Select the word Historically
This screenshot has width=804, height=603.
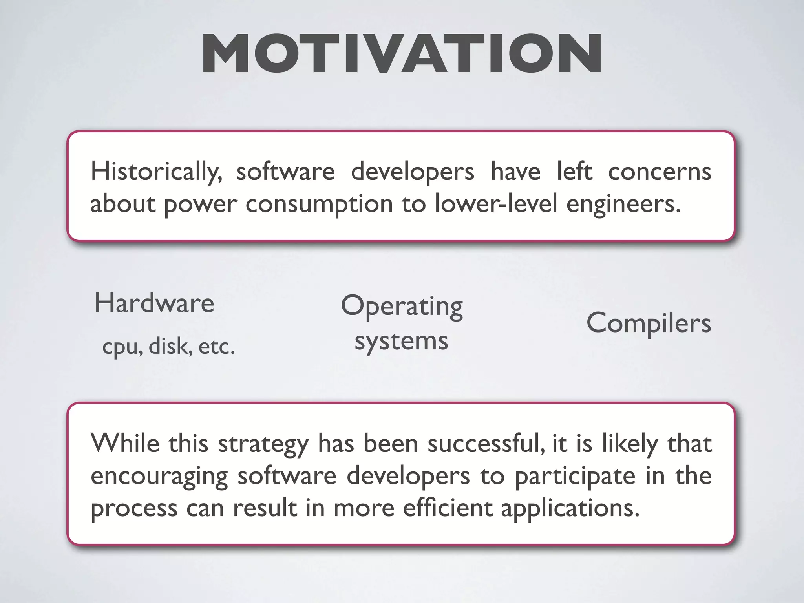156,172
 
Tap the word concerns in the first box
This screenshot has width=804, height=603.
660,172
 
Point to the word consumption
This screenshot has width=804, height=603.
319,204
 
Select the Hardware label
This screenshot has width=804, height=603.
154,303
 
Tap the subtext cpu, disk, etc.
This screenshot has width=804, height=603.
168,346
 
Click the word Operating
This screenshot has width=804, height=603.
402,307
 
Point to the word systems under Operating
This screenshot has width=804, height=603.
401,341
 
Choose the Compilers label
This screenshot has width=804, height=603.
649,323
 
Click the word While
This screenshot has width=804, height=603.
125,443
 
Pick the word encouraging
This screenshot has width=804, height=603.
159,477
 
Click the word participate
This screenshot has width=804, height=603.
575,477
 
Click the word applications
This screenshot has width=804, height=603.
570,508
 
